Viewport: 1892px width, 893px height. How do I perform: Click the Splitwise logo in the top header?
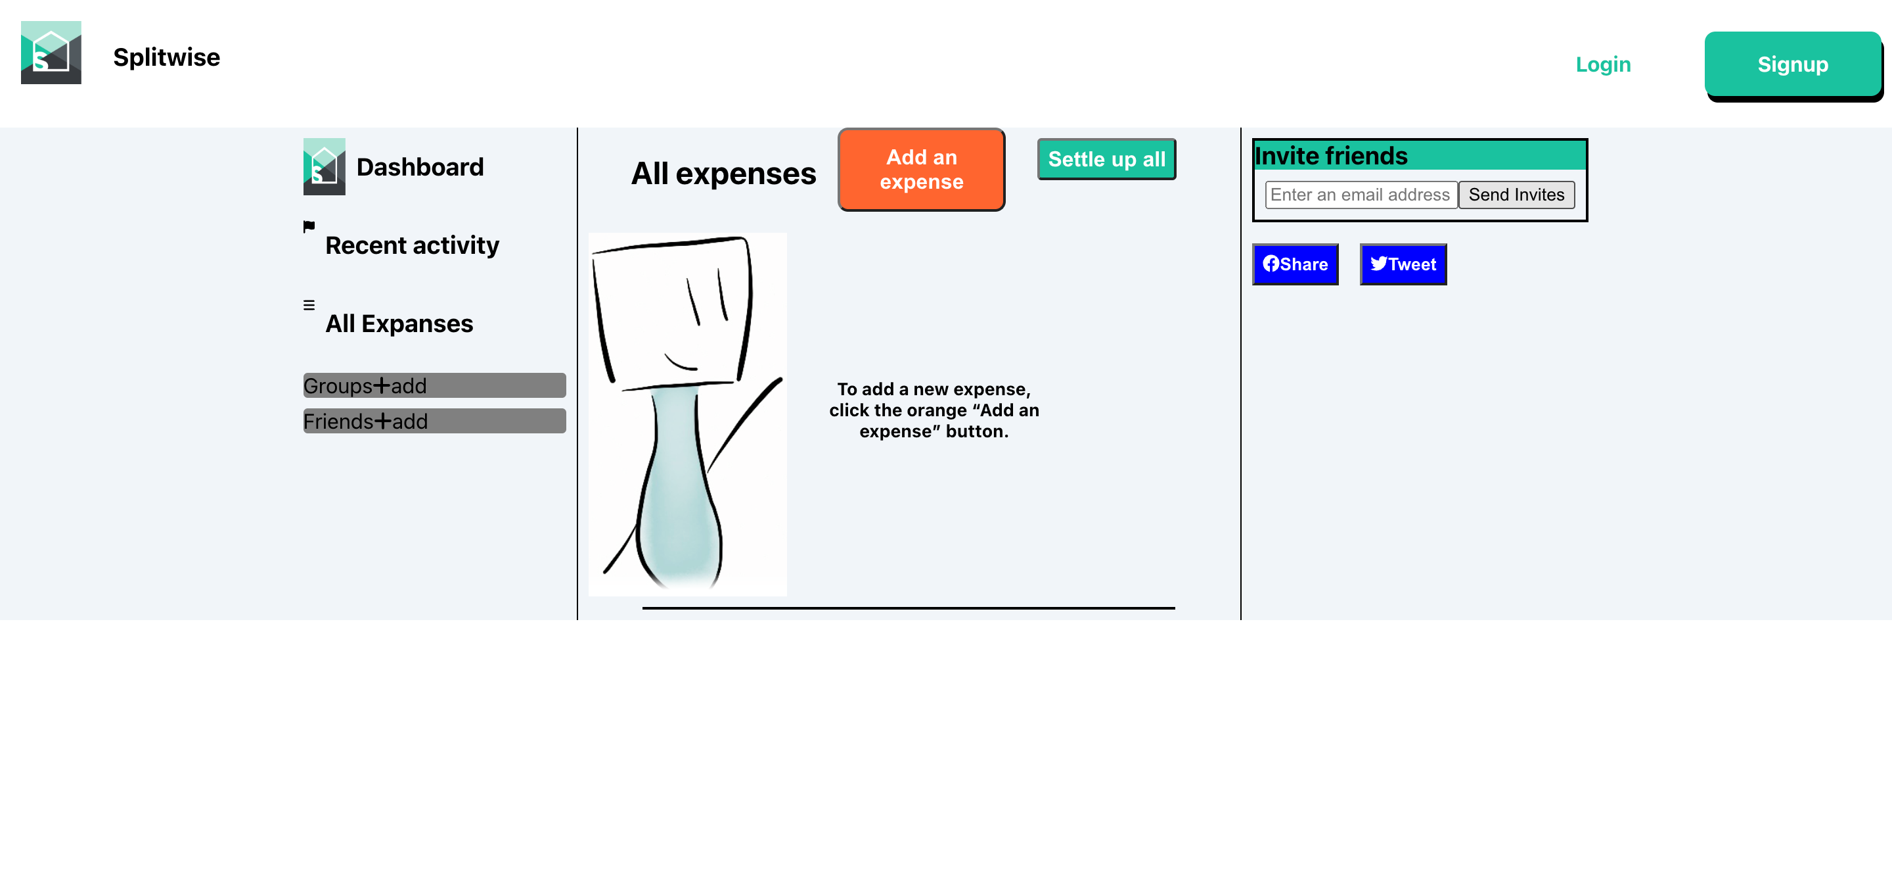tap(51, 52)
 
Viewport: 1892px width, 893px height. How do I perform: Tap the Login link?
tap(1603, 64)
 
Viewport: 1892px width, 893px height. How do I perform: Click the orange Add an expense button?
tap(921, 170)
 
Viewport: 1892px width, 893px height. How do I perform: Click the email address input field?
tap(1361, 195)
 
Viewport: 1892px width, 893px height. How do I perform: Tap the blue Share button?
tap(1295, 264)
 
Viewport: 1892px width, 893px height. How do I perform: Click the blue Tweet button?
tap(1403, 264)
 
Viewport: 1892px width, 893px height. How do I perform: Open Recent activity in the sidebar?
tap(412, 245)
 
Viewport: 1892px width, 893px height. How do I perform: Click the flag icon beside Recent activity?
tap(309, 226)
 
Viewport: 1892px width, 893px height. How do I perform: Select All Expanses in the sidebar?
tap(399, 324)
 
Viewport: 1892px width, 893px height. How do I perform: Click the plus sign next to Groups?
tap(382, 385)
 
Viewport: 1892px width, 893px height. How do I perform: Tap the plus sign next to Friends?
tap(382, 421)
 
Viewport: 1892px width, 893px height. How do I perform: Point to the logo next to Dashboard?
tap(324, 167)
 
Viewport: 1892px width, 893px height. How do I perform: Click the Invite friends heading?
tap(1331, 157)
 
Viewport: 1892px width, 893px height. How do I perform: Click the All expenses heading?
tap(723, 174)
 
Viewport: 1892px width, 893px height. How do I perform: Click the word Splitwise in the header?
tap(167, 57)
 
